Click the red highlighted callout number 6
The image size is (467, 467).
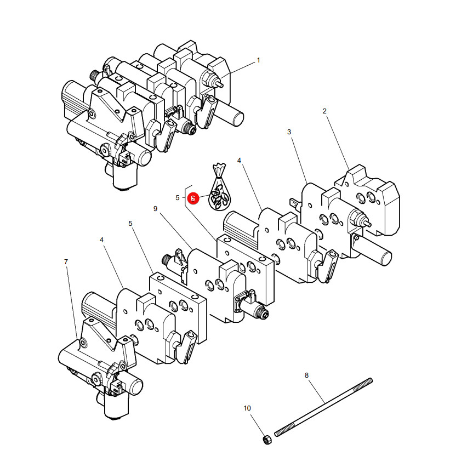pyautogui.click(x=193, y=198)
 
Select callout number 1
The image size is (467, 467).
pyautogui.click(x=258, y=60)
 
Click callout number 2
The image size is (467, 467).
pyautogui.click(x=324, y=111)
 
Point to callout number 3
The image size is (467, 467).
pyautogui.click(x=289, y=132)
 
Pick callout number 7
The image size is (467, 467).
pyautogui.click(x=66, y=262)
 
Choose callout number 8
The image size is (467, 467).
pyautogui.click(x=306, y=375)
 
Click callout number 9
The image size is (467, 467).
pyautogui.click(x=155, y=209)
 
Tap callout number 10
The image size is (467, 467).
pyautogui.click(x=247, y=408)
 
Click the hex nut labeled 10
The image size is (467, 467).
pyautogui.click(x=267, y=439)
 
